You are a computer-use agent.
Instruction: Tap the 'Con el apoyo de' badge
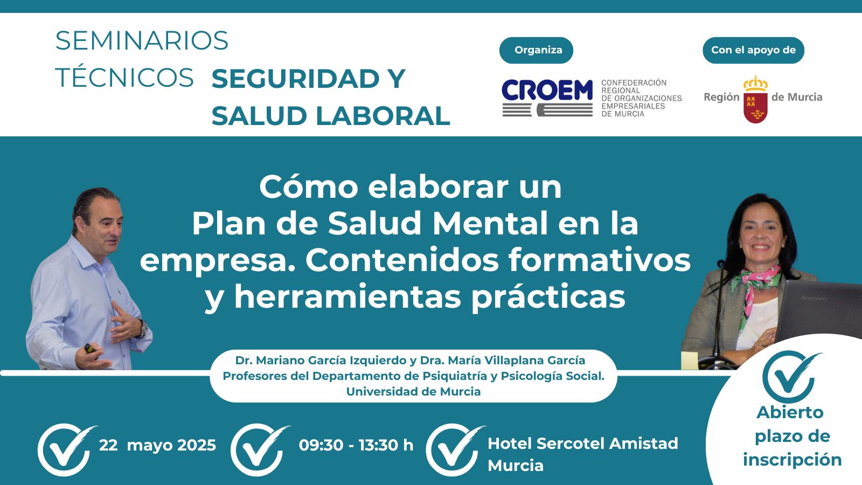(x=753, y=50)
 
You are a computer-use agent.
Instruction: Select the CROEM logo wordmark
(x=547, y=90)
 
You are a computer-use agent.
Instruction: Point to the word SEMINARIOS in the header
(x=142, y=40)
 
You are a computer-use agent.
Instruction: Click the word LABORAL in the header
(x=383, y=115)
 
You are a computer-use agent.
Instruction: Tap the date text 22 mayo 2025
(x=157, y=445)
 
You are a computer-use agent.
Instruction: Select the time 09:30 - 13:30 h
(x=356, y=445)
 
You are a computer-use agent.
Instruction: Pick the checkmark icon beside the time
(x=259, y=449)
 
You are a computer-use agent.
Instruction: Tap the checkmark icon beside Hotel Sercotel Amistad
(x=455, y=449)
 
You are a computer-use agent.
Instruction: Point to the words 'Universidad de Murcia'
(x=413, y=391)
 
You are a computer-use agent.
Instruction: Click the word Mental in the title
(x=490, y=224)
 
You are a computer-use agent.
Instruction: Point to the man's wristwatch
(x=143, y=329)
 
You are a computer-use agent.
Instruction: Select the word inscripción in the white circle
(x=793, y=460)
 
